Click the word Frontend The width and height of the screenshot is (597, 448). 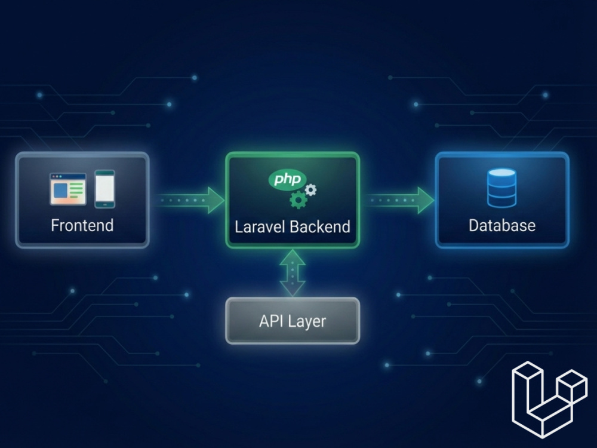[x=82, y=225]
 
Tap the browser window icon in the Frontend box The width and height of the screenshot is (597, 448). [x=68, y=189]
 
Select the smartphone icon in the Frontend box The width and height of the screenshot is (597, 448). [x=104, y=189]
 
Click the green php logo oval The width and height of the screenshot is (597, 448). [x=287, y=179]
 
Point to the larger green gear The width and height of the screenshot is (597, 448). [x=298, y=200]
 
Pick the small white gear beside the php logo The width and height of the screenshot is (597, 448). [x=310, y=190]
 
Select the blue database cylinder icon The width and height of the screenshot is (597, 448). [x=502, y=188]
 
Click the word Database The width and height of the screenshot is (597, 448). [x=502, y=226]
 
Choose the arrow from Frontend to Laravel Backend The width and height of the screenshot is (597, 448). [x=190, y=200]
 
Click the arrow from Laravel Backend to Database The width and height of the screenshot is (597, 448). [x=399, y=200]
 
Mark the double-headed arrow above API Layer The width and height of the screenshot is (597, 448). [x=293, y=273]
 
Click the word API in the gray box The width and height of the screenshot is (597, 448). [x=270, y=321]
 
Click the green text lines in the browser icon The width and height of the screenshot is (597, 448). [x=76, y=189]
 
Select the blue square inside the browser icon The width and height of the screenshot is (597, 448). [x=60, y=191]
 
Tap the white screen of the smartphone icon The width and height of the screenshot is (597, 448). [x=104, y=189]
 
